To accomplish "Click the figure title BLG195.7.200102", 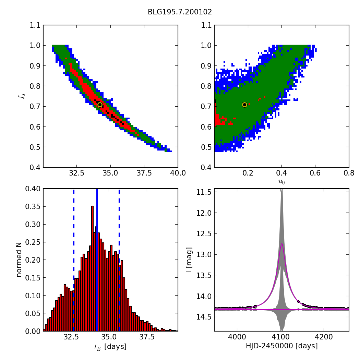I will coord(180,12).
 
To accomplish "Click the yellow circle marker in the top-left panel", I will coord(100,105).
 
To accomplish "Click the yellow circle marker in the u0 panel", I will coord(244,105).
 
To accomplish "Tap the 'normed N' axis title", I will coord(19,260).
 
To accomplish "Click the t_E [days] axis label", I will coord(110,347).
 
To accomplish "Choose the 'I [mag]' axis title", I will coord(189,260).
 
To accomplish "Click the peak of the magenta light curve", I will coord(281,244).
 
